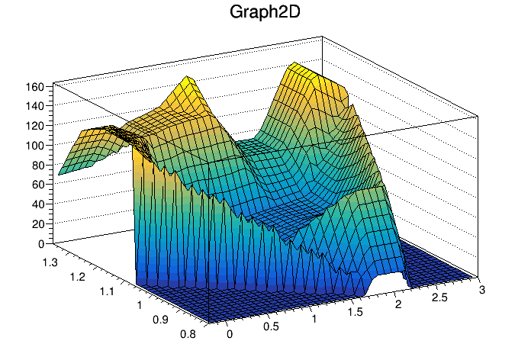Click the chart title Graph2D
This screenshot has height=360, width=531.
265,12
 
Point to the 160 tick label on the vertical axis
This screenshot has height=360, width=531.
35,87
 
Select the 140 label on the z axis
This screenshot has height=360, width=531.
35,106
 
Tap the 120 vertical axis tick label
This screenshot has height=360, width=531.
35,126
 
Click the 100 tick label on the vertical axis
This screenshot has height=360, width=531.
35,146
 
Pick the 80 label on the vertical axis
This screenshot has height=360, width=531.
38,166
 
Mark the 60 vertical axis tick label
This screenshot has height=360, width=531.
38,185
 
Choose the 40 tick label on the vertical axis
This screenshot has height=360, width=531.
38,204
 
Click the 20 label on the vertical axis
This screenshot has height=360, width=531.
38,224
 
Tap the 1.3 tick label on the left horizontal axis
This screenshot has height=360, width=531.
50,262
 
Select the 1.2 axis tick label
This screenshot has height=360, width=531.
78,277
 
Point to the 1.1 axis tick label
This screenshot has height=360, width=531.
107,291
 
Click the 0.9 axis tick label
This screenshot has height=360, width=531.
160,320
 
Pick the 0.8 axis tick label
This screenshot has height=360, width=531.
188,334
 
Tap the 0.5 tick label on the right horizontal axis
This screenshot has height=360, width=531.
271,326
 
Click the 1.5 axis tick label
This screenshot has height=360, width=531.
356,312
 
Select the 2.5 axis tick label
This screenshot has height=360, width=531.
440,297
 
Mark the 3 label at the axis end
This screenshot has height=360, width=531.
482,290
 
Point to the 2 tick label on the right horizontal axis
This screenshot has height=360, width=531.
398,304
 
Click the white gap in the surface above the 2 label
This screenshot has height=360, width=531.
386,284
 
